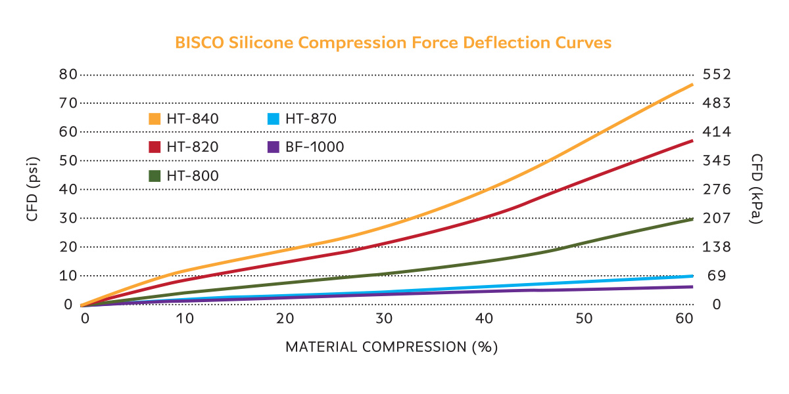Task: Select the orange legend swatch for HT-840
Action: coord(155,119)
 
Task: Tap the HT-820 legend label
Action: coord(193,147)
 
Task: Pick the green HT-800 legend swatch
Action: coord(155,175)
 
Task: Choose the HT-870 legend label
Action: coord(311,119)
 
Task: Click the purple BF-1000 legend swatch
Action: coord(273,147)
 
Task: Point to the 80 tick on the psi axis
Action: coord(68,74)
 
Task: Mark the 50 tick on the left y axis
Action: coord(68,161)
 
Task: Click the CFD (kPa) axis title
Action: coord(757,189)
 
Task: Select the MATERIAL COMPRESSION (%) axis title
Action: coord(391,347)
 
